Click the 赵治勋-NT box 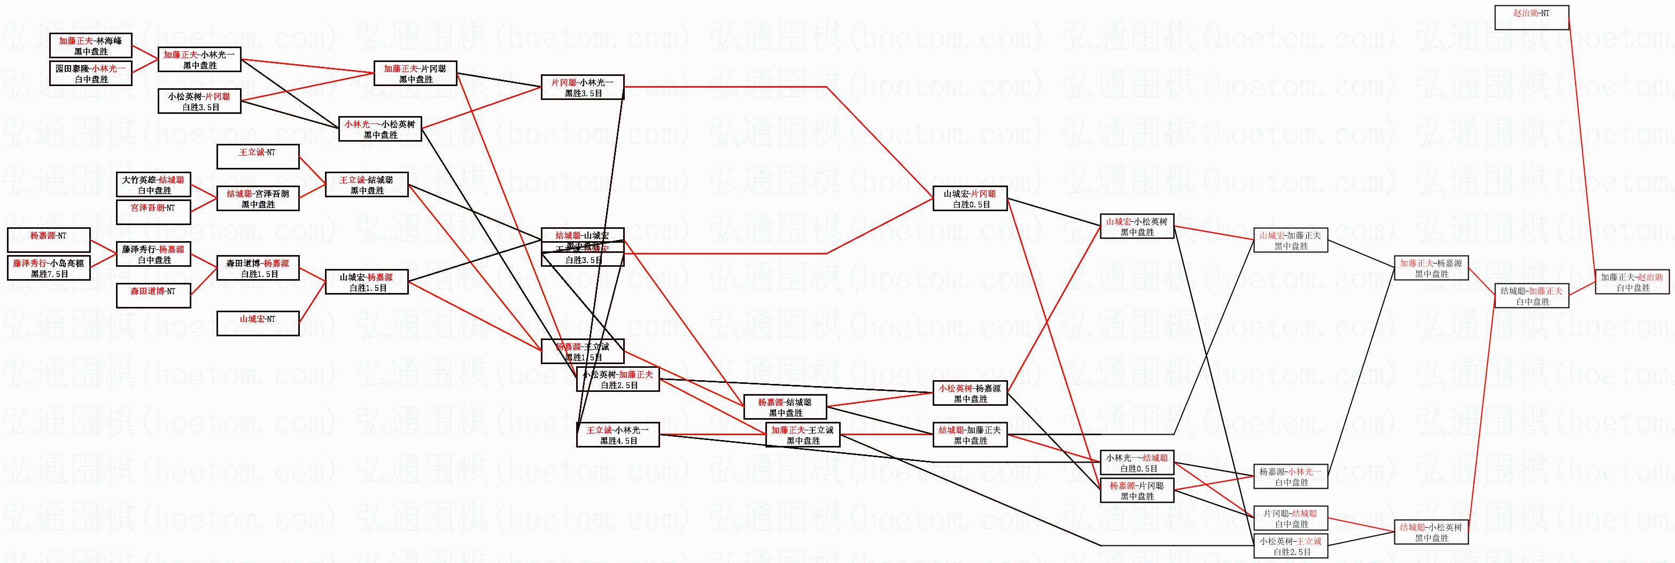[x=1531, y=18]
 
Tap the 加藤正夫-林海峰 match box [x=91, y=45]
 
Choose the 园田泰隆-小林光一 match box [x=91, y=73]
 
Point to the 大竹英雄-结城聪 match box [x=153, y=186]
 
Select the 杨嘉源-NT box [x=49, y=241]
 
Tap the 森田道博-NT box [x=153, y=296]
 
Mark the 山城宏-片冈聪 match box [x=970, y=199]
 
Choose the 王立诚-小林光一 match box [x=618, y=435]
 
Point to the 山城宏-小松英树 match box [x=1137, y=227]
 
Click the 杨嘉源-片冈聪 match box [x=1137, y=491]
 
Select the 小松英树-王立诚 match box [x=1291, y=546]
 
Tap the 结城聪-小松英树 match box [x=1431, y=533]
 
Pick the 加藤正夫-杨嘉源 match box [x=1431, y=268]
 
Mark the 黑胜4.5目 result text [x=618, y=441]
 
